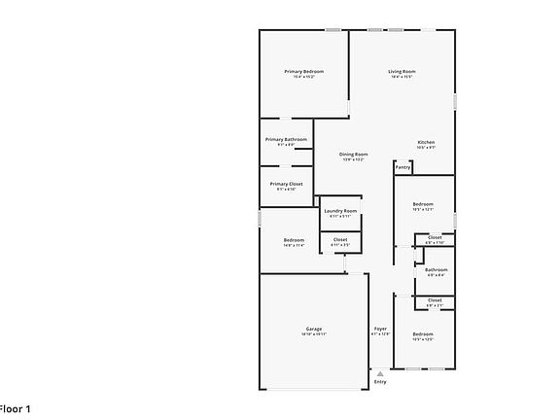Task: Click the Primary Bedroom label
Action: pyautogui.click(x=303, y=71)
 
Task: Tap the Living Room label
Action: pyautogui.click(x=402, y=71)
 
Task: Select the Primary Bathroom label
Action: pyautogui.click(x=286, y=139)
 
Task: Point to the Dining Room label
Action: pyautogui.click(x=353, y=155)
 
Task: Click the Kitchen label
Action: pyautogui.click(x=426, y=143)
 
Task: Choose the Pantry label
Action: pyautogui.click(x=402, y=167)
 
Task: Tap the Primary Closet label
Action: pyautogui.click(x=286, y=184)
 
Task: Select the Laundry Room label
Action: pyautogui.click(x=340, y=211)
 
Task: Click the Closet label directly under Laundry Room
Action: pyautogui.click(x=340, y=239)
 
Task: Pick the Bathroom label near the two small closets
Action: pyautogui.click(x=436, y=269)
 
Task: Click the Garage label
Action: pyautogui.click(x=313, y=329)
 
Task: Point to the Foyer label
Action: pyautogui.click(x=380, y=329)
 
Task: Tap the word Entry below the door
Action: pyautogui.click(x=380, y=381)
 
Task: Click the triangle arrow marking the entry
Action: pyautogui.click(x=380, y=372)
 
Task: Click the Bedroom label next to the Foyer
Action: pyautogui.click(x=422, y=334)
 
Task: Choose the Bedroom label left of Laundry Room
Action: pyautogui.click(x=294, y=240)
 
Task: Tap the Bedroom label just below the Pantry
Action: pyautogui.click(x=422, y=203)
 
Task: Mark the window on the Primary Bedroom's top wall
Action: pyautogui.click(x=332, y=30)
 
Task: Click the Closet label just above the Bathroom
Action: pyautogui.click(x=435, y=238)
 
